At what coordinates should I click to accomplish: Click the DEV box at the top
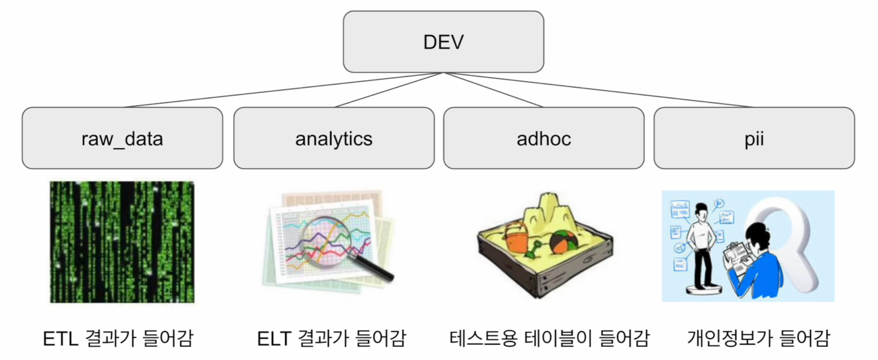pyautogui.click(x=443, y=42)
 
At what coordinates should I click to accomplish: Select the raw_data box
pyautogui.click(x=122, y=138)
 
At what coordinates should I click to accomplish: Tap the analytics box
pyautogui.click(x=334, y=138)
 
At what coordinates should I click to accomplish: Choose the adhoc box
pyautogui.click(x=544, y=138)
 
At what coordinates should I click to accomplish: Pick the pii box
pyautogui.click(x=754, y=138)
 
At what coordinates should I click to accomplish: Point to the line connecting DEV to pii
pyautogui.click(x=599, y=90)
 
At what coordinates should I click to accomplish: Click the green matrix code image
pyautogui.click(x=122, y=242)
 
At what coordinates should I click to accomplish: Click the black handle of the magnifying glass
pyautogui.click(x=374, y=268)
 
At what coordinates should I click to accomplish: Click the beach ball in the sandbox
pyautogui.click(x=565, y=242)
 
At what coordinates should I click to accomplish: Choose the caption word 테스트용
pyautogui.click(x=483, y=339)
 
